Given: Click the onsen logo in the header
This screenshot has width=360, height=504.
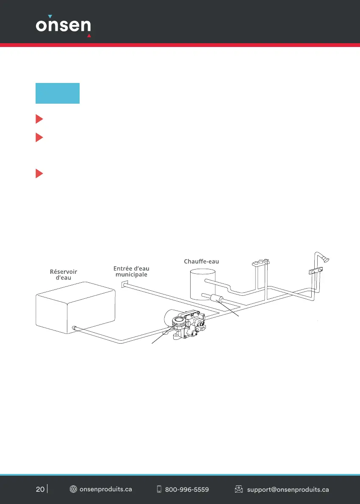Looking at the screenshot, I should (64, 26).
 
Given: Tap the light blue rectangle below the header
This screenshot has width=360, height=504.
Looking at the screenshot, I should (58, 93).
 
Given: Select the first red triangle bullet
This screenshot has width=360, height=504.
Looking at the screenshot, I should (39, 119).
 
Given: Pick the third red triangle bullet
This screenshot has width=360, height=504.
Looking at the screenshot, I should (39, 174).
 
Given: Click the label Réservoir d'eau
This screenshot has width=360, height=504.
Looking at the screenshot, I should (64, 275).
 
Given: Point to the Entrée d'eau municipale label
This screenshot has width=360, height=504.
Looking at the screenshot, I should (131, 271).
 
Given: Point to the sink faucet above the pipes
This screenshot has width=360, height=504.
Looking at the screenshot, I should (261, 263).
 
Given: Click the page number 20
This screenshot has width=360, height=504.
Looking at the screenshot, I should (40, 489).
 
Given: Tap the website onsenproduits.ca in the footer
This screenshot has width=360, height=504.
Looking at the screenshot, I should (106, 489).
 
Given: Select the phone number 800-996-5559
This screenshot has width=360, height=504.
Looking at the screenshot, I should (187, 490).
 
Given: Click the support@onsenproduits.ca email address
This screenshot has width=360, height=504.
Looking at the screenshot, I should (288, 490).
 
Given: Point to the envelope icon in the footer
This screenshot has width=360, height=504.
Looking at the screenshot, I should (238, 489).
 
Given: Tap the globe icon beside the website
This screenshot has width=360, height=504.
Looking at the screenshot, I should (73, 489).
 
